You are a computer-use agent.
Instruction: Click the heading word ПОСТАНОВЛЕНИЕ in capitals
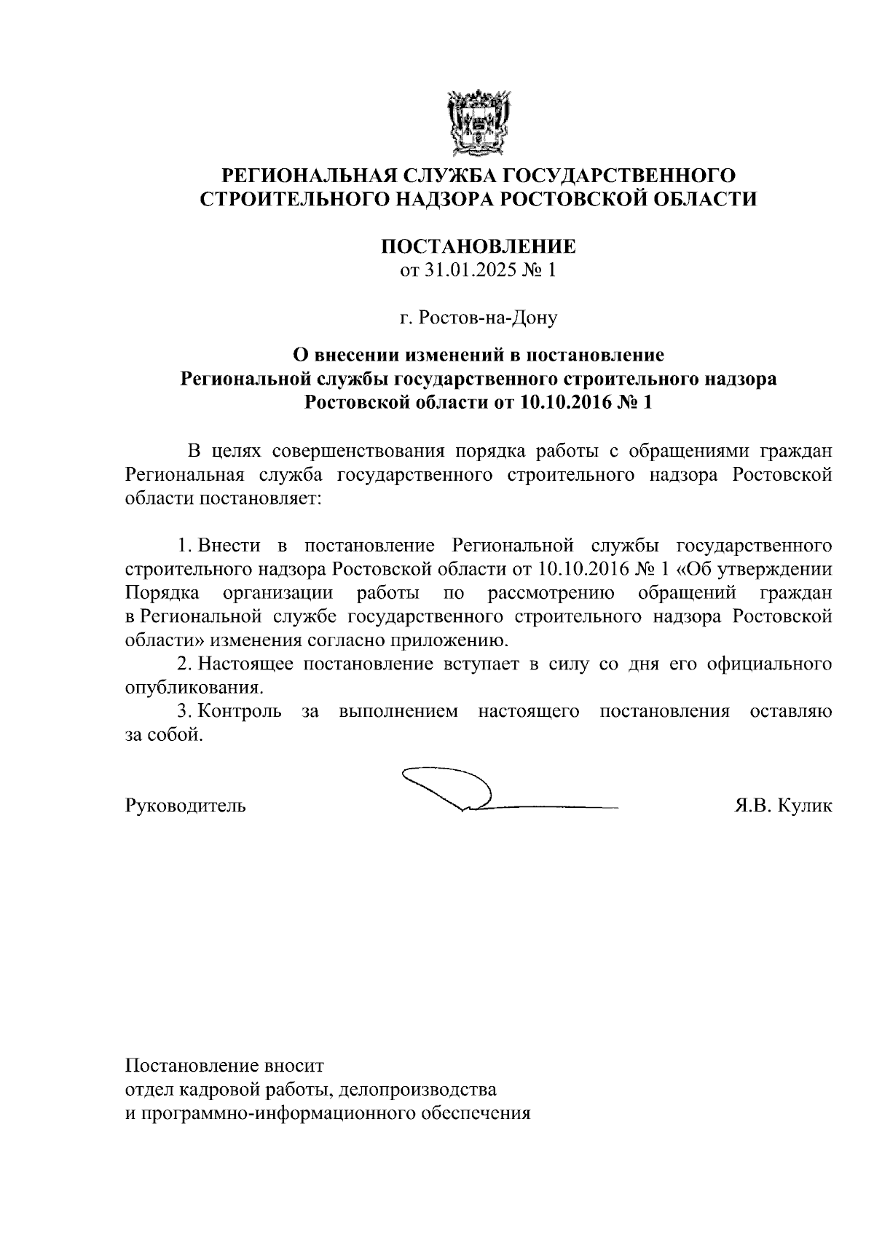[x=479, y=247]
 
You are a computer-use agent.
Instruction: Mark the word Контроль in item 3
[x=240, y=711]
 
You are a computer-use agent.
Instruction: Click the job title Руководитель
[x=186, y=806]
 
